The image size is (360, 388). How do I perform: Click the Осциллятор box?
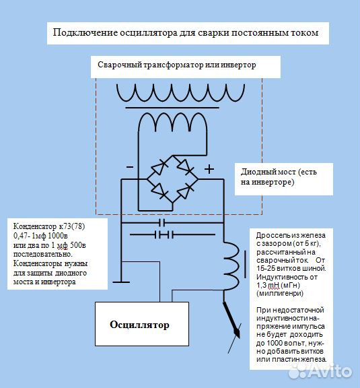[142, 323]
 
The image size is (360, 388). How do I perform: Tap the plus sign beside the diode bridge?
[209, 169]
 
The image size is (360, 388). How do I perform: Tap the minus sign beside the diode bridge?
[130, 167]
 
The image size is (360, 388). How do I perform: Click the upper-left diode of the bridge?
[159, 167]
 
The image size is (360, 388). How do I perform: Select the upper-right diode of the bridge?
[185, 166]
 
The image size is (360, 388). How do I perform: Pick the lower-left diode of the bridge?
[159, 191]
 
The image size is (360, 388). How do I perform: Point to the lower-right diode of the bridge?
[185, 191]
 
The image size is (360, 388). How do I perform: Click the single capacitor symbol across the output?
[162, 223]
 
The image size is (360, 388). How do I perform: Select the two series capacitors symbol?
[164, 234]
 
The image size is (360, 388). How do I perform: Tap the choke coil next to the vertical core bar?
[231, 266]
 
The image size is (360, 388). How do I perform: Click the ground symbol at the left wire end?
[121, 282]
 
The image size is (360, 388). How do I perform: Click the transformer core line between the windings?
[172, 108]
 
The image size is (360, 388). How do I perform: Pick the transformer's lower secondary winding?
[172, 121]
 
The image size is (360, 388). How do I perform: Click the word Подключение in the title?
[85, 32]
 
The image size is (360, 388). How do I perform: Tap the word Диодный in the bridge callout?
[256, 172]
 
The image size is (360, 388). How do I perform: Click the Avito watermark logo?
[320, 370]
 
